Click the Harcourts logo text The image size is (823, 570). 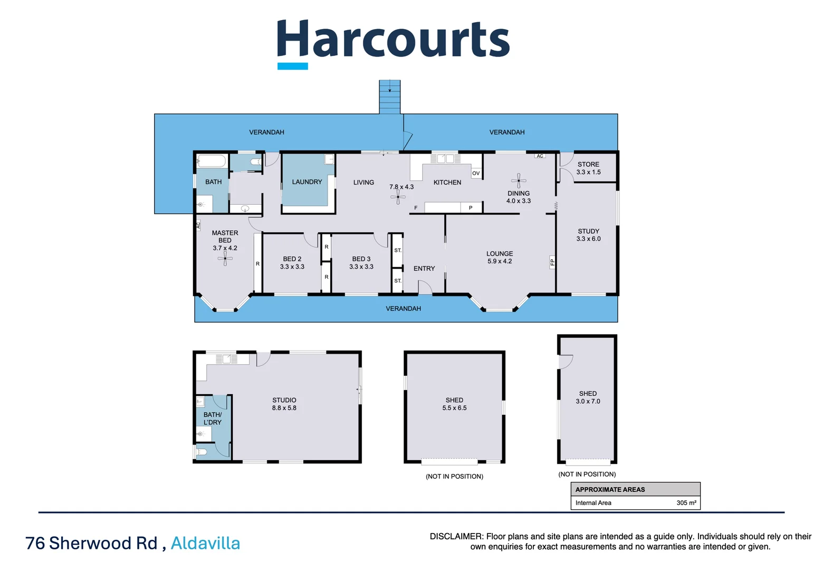point(393,40)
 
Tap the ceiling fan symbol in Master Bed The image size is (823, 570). point(225,258)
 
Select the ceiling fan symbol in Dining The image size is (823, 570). point(519,180)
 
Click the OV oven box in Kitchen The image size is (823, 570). point(476,173)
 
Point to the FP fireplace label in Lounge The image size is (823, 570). point(552,262)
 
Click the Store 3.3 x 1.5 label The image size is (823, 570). point(588,168)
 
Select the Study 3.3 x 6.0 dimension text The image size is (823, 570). point(588,239)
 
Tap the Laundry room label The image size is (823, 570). point(307,182)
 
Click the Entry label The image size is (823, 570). point(424,269)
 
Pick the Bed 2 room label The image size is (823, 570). point(292,259)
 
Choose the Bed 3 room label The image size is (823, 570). point(361,259)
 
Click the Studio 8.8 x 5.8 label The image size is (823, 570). point(284,404)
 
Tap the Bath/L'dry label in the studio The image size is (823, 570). point(213,419)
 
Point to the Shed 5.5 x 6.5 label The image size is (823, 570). point(454,404)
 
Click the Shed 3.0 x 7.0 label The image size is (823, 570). point(588,397)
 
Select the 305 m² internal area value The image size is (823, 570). point(686,503)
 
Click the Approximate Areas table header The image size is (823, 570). point(610,490)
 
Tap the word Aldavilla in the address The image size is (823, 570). point(205,543)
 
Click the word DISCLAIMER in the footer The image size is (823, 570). point(456,537)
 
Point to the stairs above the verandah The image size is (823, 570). point(390,97)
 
